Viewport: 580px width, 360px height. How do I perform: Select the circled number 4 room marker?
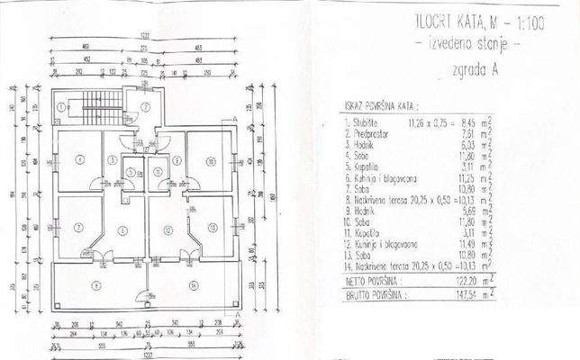click(80, 160)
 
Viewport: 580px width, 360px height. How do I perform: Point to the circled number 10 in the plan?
click(208, 161)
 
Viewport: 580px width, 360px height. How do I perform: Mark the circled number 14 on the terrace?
click(193, 284)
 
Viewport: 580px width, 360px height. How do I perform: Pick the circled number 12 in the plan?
click(168, 228)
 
